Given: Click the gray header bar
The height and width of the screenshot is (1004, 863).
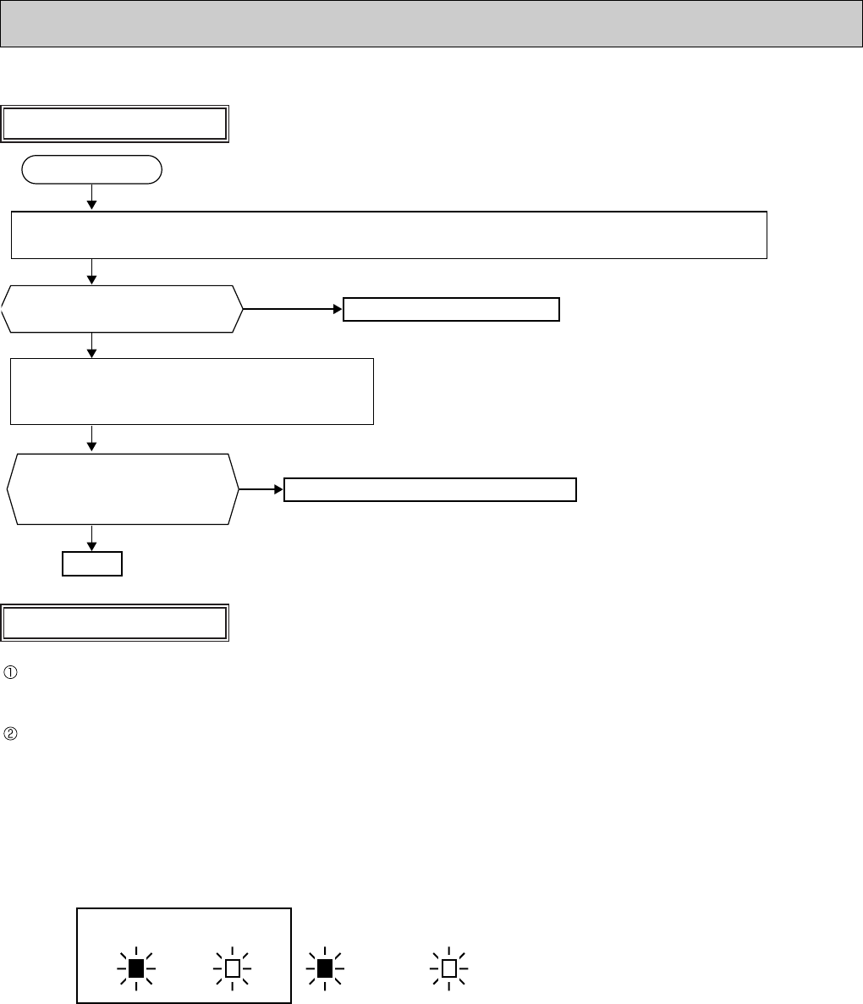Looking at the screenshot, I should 431,23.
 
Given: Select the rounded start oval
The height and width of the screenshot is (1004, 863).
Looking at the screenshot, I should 91,169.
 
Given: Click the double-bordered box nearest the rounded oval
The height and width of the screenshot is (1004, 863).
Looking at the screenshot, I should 116,124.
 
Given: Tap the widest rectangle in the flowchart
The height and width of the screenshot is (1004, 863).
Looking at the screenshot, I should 388,234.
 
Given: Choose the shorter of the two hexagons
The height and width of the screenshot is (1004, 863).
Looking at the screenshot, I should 122,309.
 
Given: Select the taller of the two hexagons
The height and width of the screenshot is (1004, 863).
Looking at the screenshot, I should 122,489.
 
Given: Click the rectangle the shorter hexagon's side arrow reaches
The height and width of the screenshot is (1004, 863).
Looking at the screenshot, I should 451,310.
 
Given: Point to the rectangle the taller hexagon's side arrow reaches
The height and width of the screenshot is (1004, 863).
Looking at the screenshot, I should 430,489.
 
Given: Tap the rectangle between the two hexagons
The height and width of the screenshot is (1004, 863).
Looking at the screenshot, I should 191,390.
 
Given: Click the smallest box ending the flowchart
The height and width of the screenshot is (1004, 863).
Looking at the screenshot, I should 92,563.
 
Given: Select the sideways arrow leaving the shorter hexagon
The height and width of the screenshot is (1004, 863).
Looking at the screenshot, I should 292,310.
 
